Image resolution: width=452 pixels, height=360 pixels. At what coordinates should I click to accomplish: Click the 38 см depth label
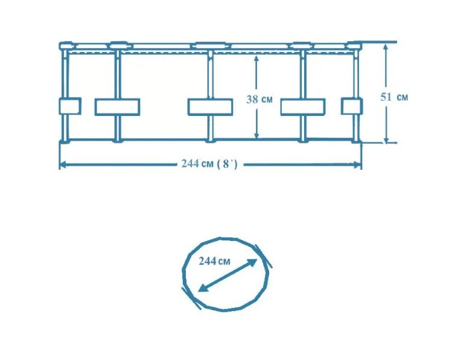259,99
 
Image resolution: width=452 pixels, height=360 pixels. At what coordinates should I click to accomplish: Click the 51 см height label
394,97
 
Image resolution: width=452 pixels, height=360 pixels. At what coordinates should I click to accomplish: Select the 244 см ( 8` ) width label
209,164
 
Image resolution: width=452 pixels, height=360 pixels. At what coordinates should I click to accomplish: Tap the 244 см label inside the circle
214,261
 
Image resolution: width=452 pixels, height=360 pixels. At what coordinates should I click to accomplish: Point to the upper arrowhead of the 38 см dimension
256,59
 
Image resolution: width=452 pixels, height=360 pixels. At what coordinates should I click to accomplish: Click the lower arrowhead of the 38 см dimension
256,135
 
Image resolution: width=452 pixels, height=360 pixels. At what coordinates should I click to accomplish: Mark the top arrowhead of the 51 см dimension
386,48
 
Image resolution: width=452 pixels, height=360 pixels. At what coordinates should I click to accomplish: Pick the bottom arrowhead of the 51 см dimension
386,140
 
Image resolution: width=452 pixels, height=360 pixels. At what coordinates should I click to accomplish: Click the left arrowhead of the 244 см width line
63,165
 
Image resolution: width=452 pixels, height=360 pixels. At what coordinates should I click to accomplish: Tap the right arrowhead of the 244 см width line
357,165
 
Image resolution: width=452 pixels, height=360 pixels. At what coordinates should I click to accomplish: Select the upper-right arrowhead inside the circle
252,262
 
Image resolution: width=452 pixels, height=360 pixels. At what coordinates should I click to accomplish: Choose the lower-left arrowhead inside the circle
203,288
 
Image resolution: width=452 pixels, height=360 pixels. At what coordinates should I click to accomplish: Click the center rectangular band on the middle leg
210,107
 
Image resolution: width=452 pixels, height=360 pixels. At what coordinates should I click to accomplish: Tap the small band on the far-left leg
70,106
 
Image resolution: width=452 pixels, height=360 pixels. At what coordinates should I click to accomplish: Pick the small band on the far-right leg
352,106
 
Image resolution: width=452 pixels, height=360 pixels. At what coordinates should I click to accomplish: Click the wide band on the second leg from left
117,107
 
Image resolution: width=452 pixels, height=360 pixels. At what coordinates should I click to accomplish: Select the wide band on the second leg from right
303,107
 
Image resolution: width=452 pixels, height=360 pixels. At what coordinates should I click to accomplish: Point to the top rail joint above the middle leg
210,45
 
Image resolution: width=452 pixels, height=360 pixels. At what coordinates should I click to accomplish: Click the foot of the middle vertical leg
210,141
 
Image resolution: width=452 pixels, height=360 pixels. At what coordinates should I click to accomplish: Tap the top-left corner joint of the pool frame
66,45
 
